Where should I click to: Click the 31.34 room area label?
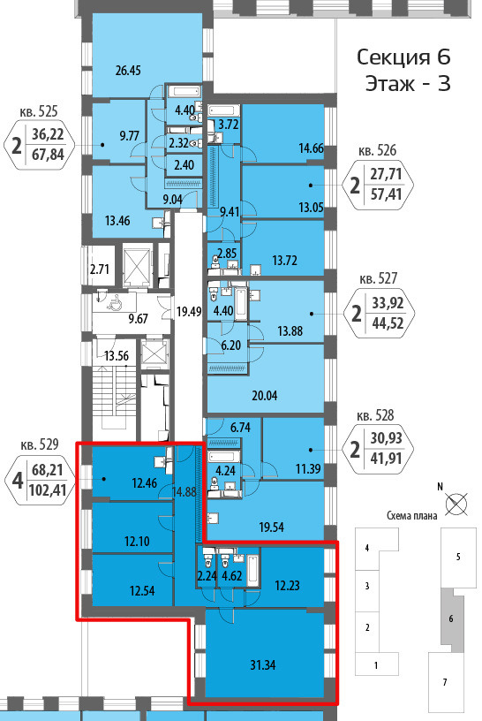[263, 665]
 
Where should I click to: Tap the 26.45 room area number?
[128, 71]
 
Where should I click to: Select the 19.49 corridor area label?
[189, 312]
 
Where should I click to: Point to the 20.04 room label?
[265, 396]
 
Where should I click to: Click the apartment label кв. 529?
[40, 444]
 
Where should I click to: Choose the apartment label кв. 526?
[377, 151]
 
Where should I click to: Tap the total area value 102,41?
[48, 490]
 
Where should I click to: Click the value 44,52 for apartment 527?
[388, 323]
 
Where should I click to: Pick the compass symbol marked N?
[456, 503]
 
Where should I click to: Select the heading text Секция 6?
[403, 57]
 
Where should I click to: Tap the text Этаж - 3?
[408, 84]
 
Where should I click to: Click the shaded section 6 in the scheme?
[452, 619]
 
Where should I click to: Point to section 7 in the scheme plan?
[445, 682]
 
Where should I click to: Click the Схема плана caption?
[411, 516]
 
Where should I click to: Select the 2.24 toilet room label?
[207, 576]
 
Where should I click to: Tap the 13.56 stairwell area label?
[117, 356]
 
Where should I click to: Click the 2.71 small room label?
[100, 269]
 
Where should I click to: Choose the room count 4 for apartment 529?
[18, 480]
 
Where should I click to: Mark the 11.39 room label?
[308, 469]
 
